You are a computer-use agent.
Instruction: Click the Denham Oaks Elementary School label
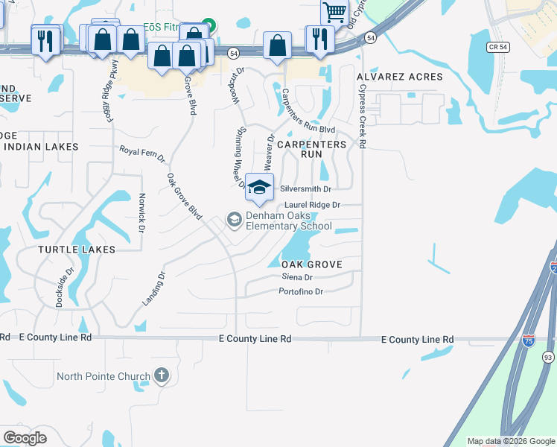click(289, 221)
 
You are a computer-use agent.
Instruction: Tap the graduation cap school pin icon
click(259, 187)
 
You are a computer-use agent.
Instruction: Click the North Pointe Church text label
click(103, 377)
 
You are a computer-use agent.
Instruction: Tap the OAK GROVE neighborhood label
click(312, 264)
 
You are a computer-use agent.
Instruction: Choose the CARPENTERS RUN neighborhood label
click(312, 149)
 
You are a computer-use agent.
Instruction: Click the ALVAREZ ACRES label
click(400, 77)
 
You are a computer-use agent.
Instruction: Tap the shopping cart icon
click(334, 11)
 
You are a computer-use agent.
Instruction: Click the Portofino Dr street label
click(301, 292)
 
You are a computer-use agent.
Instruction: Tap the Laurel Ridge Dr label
click(313, 204)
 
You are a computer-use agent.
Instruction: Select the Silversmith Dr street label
click(305, 189)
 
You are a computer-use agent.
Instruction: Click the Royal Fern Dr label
click(142, 154)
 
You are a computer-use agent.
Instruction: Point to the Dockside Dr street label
click(65, 288)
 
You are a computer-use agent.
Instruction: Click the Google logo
click(25, 438)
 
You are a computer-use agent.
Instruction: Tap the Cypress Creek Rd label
click(362, 115)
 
